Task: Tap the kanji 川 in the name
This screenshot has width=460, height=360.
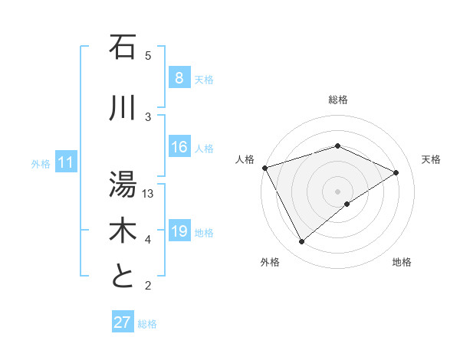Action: coord(123,108)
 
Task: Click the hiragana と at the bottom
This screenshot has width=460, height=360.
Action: coord(123,277)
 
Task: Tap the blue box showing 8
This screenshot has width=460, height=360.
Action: coord(179,78)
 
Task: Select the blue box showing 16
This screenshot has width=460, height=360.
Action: coord(179,148)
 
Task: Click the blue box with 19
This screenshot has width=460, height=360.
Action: coord(179,232)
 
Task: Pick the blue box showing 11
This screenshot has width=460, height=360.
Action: coord(65,163)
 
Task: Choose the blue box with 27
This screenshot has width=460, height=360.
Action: coord(123,322)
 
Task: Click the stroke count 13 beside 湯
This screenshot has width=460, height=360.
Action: coord(149,194)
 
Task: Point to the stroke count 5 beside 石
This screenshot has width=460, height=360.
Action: coord(149,56)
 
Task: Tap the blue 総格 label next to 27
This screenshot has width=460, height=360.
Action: coord(147,324)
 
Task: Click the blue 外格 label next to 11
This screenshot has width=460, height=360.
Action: coord(41,164)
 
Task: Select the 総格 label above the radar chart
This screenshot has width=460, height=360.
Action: coord(338,100)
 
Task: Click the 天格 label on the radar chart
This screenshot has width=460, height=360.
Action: coord(432,159)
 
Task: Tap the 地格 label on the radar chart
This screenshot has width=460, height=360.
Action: coord(402,263)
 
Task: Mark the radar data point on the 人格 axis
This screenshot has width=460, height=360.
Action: coord(264,168)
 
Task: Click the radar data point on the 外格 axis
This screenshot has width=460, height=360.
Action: coord(302,242)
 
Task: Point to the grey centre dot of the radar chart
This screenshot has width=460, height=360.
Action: coord(337,191)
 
